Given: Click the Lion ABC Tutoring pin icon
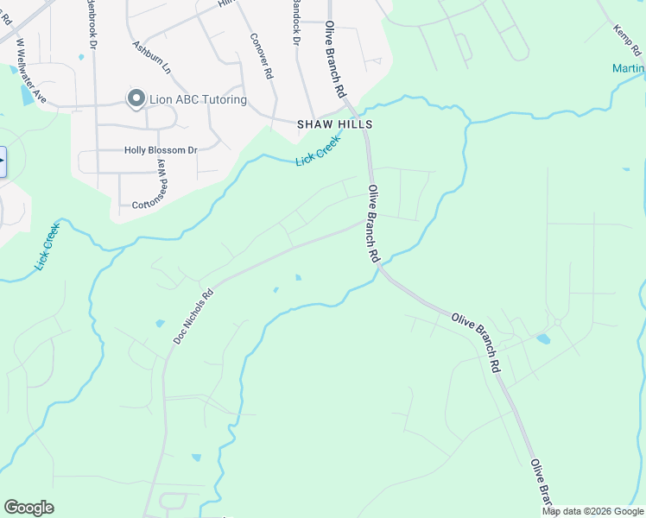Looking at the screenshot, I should click(x=136, y=99).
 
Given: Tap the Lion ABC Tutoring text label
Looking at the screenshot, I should click(x=197, y=100).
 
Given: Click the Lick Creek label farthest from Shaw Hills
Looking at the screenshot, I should click(x=47, y=246).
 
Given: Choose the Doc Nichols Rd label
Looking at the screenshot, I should click(x=193, y=317).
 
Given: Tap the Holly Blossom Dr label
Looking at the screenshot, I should click(x=161, y=150).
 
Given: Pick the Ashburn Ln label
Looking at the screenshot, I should click(x=151, y=56).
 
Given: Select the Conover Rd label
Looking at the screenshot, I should click(x=260, y=56).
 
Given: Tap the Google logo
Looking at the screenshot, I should click(x=28, y=508).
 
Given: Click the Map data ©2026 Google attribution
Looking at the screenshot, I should click(x=592, y=511).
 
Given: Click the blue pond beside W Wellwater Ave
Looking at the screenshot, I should click(x=25, y=95).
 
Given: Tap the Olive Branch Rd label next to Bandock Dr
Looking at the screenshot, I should click(x=335, y=60).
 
